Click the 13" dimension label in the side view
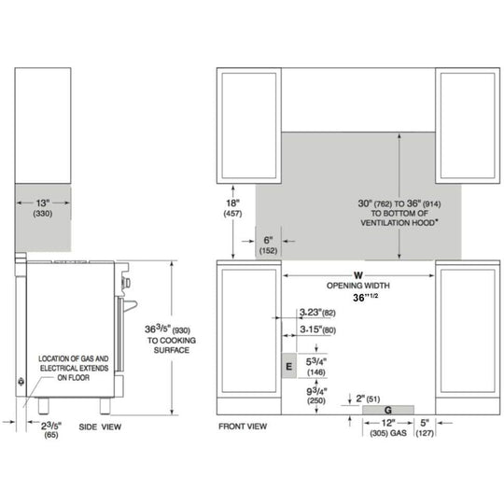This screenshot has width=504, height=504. pyautogui.click(x=43, y=203)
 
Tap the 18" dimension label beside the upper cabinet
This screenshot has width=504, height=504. pyautogui.click(x=232, y=203)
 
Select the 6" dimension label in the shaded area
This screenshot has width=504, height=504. pyautogui.click(x=268, y=240)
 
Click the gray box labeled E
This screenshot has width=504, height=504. pyautogui.click(x=289, y=366)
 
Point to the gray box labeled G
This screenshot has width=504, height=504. pyautogui.click(x=388, y=410)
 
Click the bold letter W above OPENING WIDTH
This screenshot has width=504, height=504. pyautogui.click(x=358, y=275)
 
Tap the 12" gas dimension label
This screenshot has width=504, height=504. pyautogui.click(x=388, y=423)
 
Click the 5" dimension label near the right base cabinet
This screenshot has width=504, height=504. pyautogui.click(x=425, y=423)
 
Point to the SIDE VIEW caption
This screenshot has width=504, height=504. pyautogui.click(x=100, y=427)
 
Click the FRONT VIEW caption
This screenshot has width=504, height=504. pyautogui.click(x=243, y=427)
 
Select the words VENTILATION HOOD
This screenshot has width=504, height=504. pyautogui.click(x=398, y=223)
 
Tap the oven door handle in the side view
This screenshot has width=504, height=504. pyautogui.click(x=131, y=305)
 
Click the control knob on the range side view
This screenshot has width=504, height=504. pyautogui.click(x=126, y=283)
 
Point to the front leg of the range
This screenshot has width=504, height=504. pyautogui.click(x=105, y=406)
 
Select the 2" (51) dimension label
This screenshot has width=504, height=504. pyautogui.click(x=368, y=399)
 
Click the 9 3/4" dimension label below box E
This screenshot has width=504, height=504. pyautogui.click(x=316, y=391)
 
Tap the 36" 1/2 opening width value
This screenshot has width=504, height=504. pyautogui.click(x=366, y=298)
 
